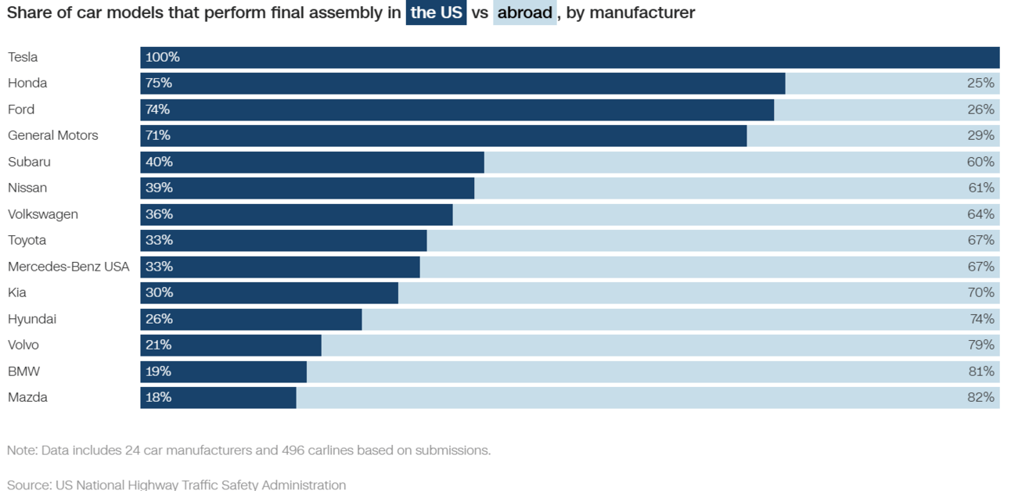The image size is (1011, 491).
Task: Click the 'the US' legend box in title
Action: coord(436,13)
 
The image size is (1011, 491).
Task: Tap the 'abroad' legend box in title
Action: coord(524,13)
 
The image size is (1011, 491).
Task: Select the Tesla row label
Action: coord(23,57)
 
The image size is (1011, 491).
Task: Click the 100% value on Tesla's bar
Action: coord(163,57)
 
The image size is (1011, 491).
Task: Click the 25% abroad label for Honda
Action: coord(980,84)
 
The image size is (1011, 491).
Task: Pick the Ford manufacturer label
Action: coord(21,109)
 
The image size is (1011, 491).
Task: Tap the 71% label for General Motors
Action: coord(158,136)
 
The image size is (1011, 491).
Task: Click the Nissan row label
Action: coord(27,188)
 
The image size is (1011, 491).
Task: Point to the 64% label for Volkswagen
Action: coord(980,214)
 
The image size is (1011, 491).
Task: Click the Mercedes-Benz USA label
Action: coord(68,267)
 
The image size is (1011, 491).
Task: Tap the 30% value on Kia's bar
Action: coord(159,293)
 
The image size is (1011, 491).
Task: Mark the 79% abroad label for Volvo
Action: coord(980,346)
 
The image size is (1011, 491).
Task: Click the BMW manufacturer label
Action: coord(23,371)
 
